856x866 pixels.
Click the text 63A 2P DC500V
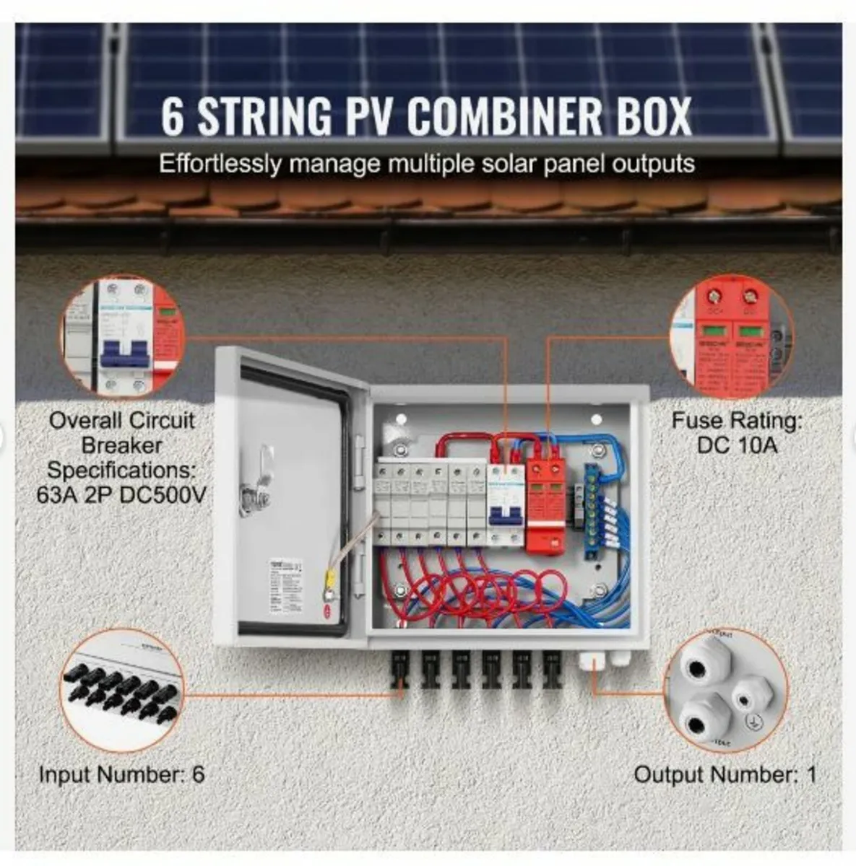pyautogui.click(x=121, y=495)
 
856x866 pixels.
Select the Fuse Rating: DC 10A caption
pyautogui.click(x=737, y=432)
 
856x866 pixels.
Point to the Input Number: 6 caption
pyautogui.click(x=121, y=774)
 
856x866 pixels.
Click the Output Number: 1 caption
pyautogui.click(x=725, y=774)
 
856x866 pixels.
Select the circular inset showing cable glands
pyautogui.click(x=725, y=691)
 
